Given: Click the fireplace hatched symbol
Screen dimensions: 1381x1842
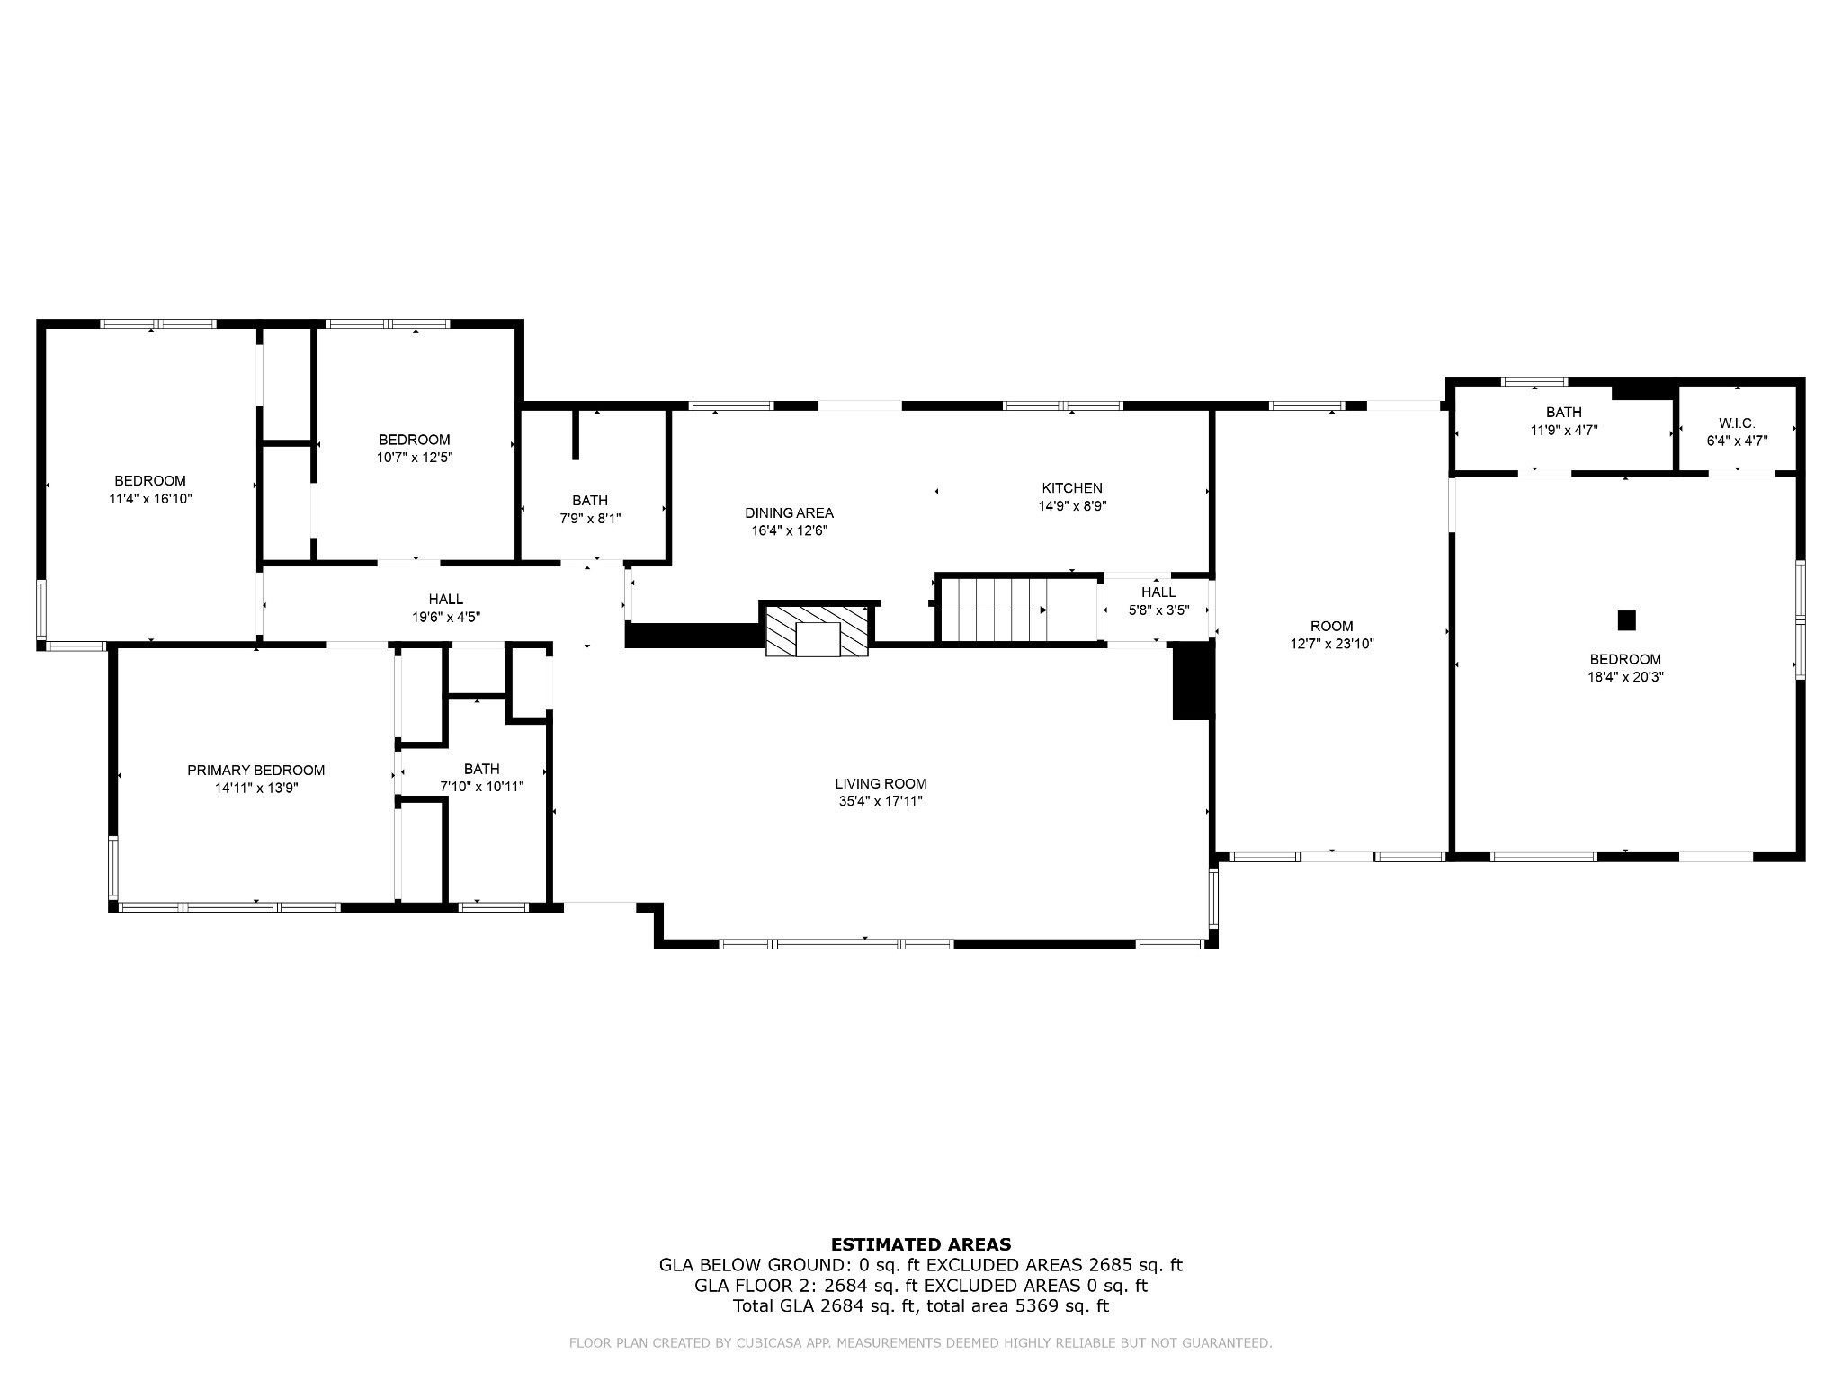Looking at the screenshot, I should [x=817, y=630].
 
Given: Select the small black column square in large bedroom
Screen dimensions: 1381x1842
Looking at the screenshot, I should [x=1626, y=620].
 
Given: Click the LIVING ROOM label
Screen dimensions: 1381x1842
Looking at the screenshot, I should [x=881, y=784].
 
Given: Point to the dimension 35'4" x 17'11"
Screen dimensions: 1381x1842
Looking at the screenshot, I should [x=881, y=802].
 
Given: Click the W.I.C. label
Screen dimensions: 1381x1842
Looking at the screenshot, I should [x=1737, y=423].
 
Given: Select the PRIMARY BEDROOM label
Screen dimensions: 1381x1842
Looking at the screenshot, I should [x=255, y=771].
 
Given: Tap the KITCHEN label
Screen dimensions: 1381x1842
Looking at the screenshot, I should [x=1072, y=488].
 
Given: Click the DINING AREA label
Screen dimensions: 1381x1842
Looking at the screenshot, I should [x=789, y=512].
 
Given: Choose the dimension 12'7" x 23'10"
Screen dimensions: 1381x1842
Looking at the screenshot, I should [x=1331, y=644].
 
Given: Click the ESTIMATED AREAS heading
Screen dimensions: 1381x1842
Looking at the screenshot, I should [x=920, y=1244].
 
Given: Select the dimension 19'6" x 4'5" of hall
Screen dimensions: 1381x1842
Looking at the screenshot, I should [x=446, y=618].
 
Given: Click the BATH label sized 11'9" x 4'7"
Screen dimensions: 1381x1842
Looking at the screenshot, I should [x=1563, y=412].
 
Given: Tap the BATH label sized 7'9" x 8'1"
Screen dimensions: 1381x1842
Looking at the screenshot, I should [x=590, y=500].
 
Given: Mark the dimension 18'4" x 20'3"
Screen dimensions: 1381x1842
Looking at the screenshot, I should [x=1625, y=677].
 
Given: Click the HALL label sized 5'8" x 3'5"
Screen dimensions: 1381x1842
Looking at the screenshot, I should [x=1158, y=592].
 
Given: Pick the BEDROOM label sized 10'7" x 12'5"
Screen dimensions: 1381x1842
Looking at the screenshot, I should [x=414, y=440].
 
